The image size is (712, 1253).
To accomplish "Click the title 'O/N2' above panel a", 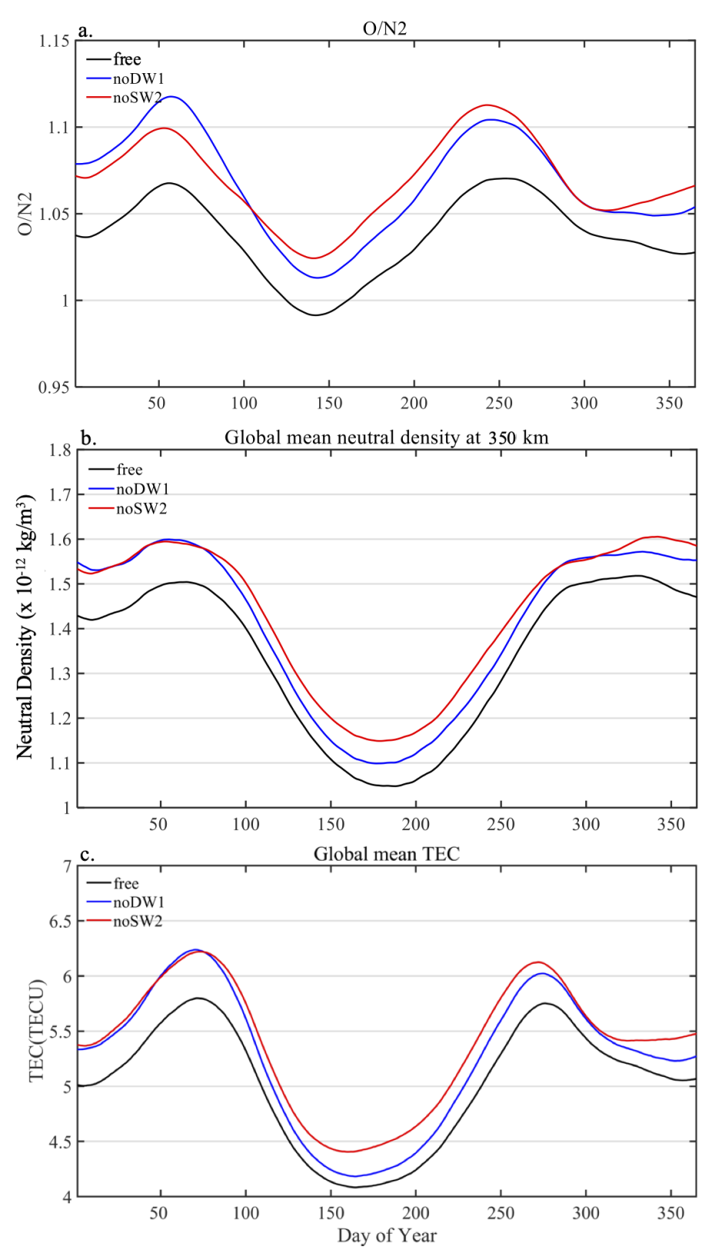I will pyautogui.click(x=384, y=28).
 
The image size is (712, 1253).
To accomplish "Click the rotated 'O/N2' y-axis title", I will pyautogui.click(x=25, y=214).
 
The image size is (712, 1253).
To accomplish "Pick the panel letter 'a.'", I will pyautogui.click(x=85, y=32).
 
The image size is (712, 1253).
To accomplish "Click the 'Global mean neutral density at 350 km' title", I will pyautogui.click(x=386, y=438).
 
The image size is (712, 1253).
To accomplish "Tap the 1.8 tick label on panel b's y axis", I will pyautogui.click(x=59, y=450).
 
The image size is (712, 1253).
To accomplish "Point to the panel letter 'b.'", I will pyautogui.click(x=88, y=439).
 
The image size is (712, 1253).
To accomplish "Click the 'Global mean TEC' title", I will pyautogui.click(x=386, y=854).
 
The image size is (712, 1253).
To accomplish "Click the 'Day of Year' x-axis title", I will pyautogui.click(x=386, y=1235).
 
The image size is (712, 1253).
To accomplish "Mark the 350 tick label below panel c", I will pyautogui.click(x=670, y=1213).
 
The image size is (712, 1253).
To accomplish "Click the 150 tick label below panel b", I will pyautogui.click(x=331, y=824).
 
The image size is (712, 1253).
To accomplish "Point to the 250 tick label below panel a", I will pyautogui.click(x=499, y=403).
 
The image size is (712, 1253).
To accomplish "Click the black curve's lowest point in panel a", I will pyautogui.click(x=314, y=315).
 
